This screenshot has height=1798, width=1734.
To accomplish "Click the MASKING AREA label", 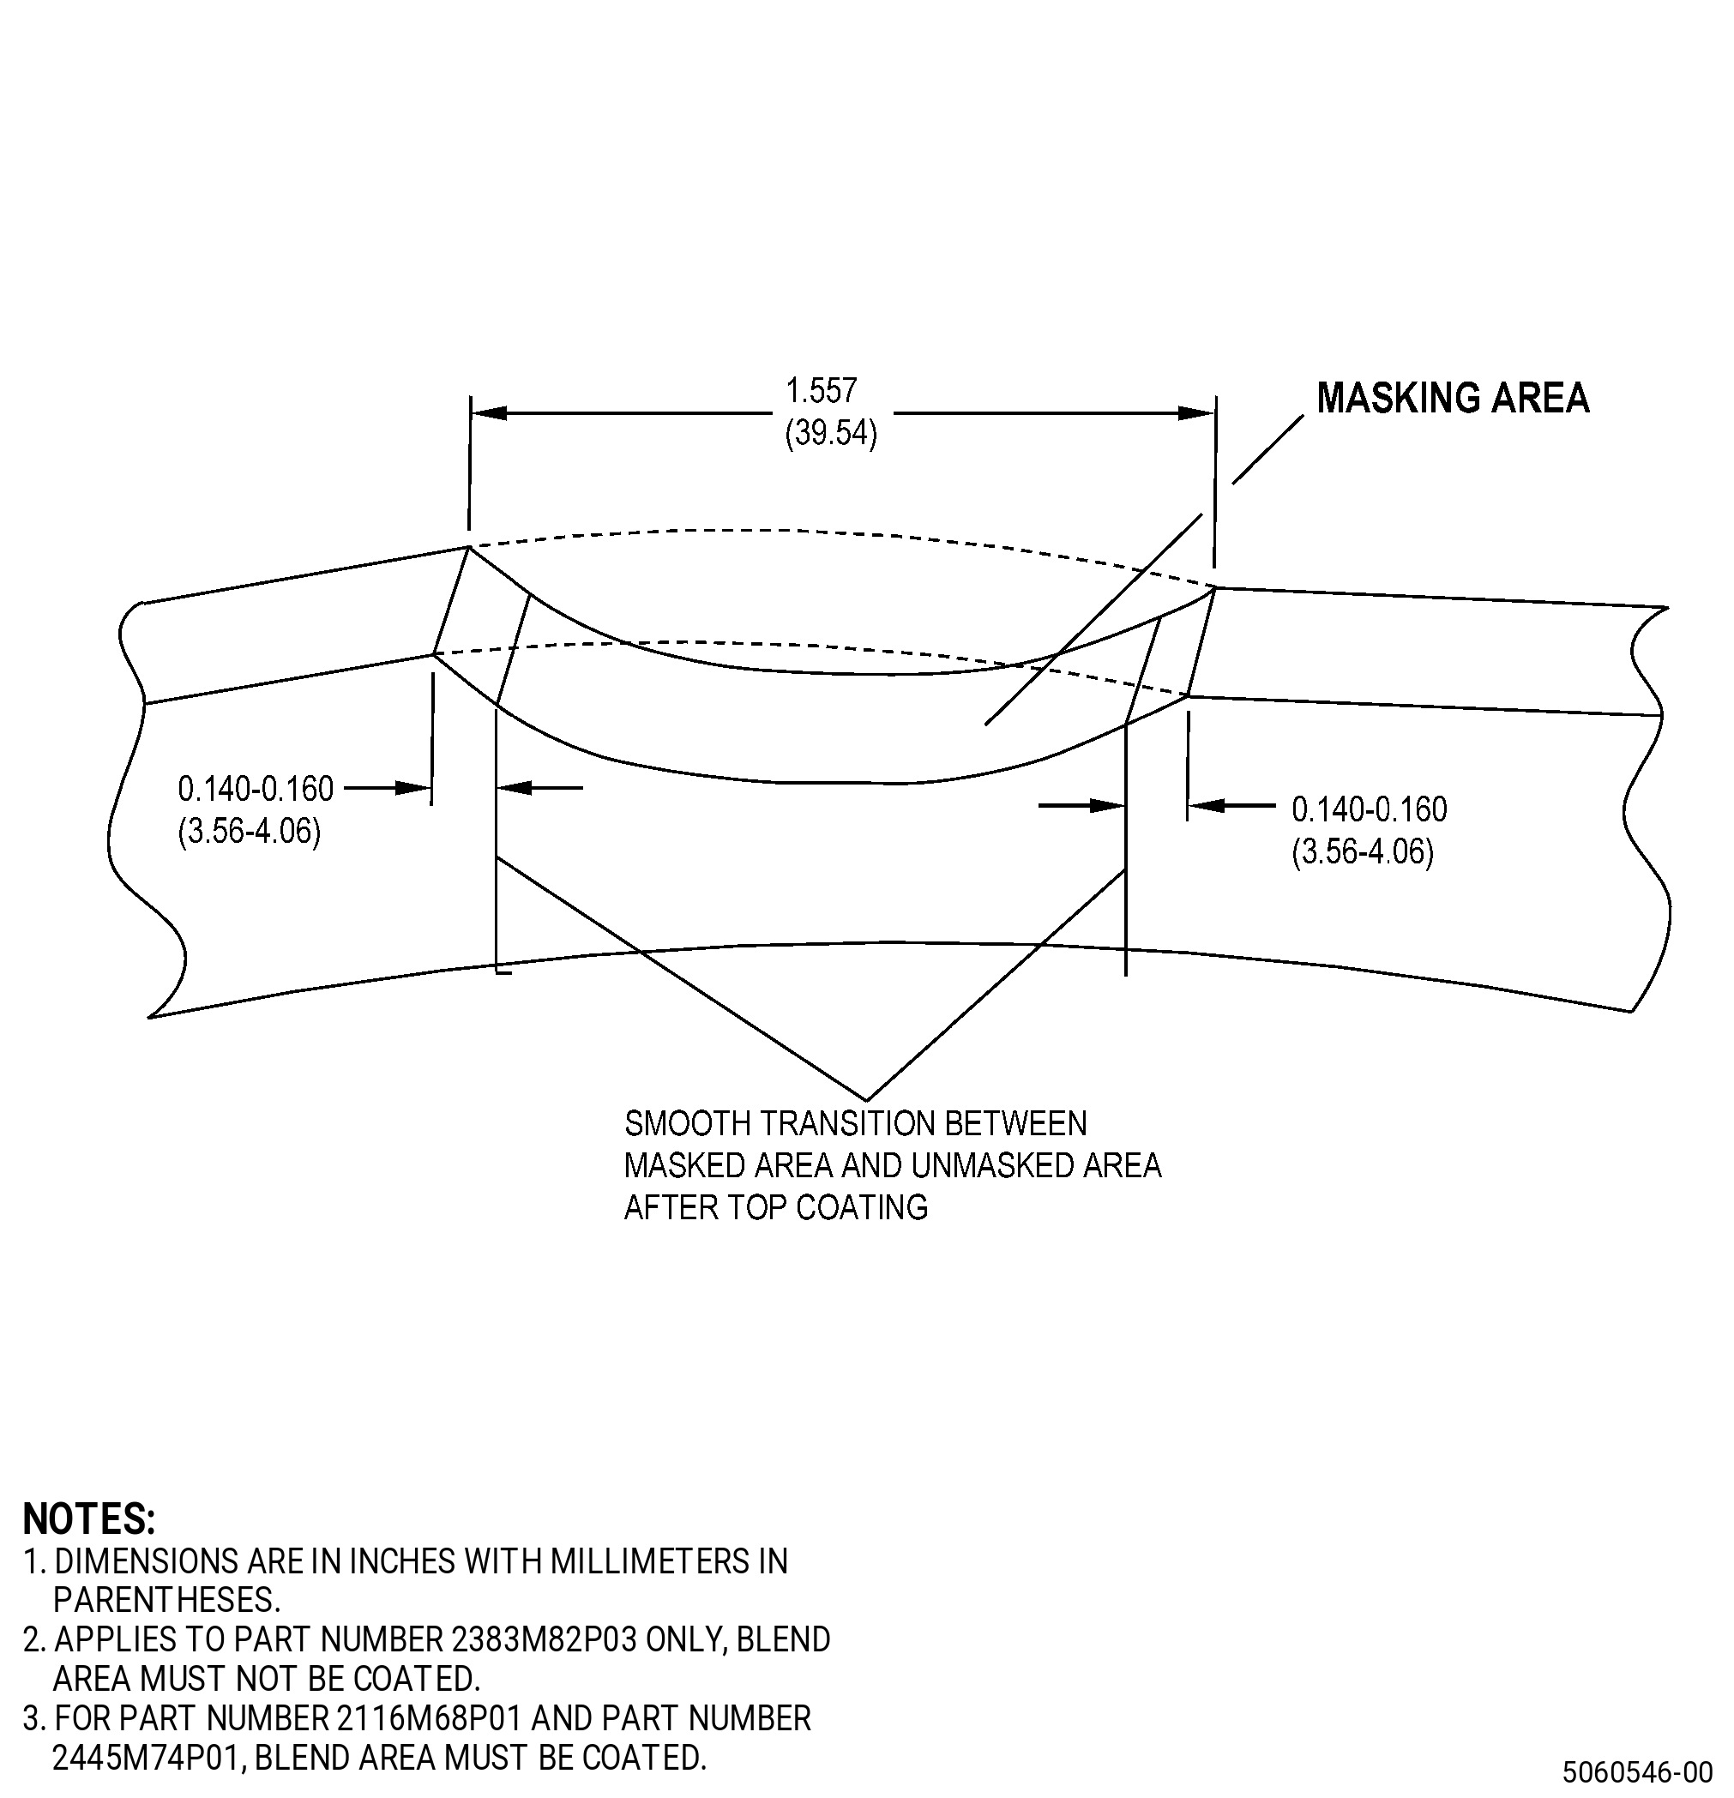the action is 1453,398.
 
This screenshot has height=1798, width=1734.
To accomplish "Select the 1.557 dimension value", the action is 822,391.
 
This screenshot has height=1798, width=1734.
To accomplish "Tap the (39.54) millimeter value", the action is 831,433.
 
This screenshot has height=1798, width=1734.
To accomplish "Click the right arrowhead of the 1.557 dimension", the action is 1197,412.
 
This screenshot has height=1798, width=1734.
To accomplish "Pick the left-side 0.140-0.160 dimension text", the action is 256,789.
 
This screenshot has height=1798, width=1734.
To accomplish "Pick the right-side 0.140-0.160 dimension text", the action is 1370,809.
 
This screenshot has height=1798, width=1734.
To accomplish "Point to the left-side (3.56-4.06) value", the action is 250,832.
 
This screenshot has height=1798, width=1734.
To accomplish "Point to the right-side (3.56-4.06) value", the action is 1364,852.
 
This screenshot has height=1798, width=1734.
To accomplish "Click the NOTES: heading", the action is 89,1519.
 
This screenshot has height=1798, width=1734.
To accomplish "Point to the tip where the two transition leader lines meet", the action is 866,1099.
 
